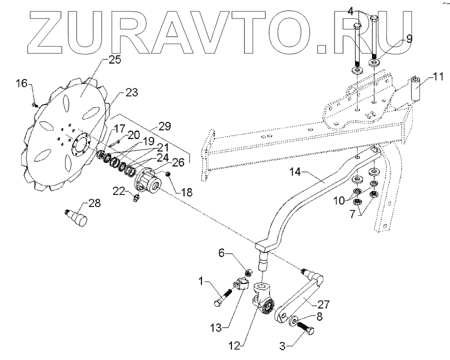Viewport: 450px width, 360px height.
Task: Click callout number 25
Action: pos(115,60)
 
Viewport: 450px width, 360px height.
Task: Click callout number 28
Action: pos(94,203)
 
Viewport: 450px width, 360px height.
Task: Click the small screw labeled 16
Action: pos(34,104)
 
